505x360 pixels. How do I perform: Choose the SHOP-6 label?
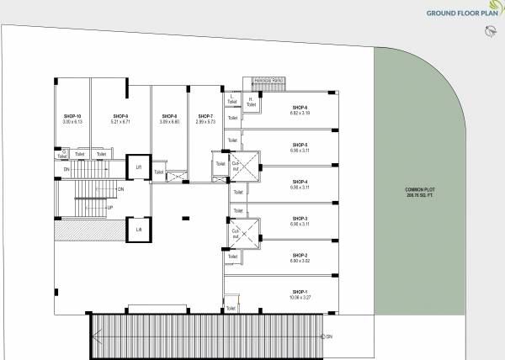300,108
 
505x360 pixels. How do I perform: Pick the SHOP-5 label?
300,145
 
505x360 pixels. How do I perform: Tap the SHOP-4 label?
300,181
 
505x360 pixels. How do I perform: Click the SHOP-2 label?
300,254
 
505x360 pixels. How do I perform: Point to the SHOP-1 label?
300,291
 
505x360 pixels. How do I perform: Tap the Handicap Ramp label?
265,81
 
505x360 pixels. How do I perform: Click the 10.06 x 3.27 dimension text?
300,297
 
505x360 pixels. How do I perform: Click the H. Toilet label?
251,103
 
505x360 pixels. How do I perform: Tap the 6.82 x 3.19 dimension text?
300,114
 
